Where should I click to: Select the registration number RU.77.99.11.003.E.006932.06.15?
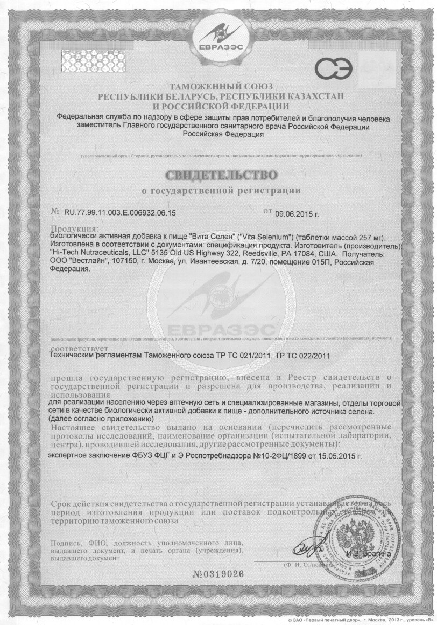click(x=120, y=213)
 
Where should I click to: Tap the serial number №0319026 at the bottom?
click(x=217, y=574)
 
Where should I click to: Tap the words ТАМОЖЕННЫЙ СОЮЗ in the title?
click(x=221, y=87)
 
